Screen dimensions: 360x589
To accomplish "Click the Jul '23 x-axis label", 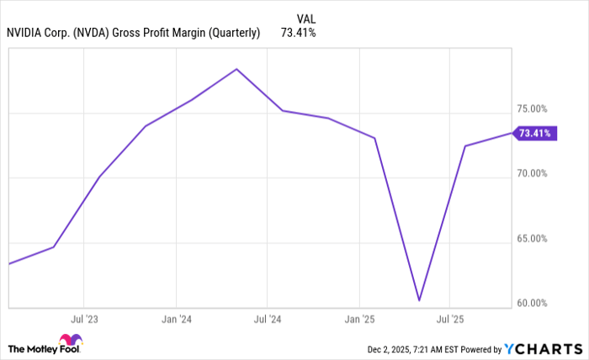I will pos(83,320).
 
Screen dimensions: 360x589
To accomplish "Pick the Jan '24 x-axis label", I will pos(175,320).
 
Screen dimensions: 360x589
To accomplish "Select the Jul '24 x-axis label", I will pos(267,320).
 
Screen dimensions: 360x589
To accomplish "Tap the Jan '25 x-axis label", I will pos(359,320).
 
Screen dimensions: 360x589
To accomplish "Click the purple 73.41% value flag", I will pos(535,133).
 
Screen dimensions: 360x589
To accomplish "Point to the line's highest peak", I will pos(236,69).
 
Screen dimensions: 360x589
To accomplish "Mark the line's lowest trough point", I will pos(419,300).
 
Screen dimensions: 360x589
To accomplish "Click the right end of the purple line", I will pos(510,133).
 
